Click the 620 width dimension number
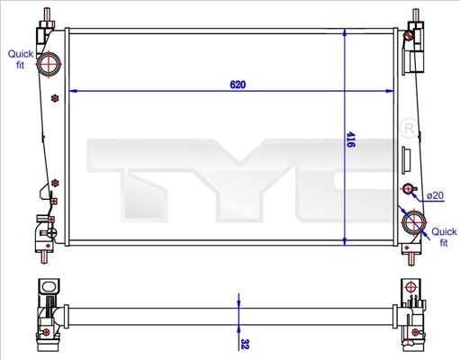238,85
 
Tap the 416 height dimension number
351,139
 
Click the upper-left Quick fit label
21,59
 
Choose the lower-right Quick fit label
443,237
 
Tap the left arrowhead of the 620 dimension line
74,91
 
